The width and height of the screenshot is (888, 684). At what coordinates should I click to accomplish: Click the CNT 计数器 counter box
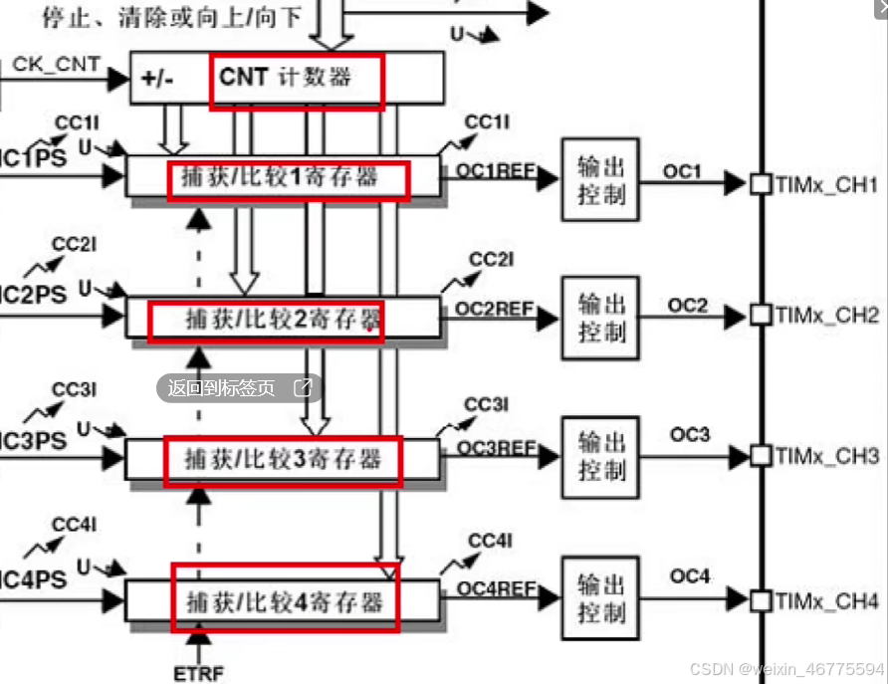tap(296, 80)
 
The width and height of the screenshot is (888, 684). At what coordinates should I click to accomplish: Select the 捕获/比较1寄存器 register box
tap(287, 180)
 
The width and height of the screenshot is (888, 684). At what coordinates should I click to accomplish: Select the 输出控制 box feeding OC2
tap(600, 318)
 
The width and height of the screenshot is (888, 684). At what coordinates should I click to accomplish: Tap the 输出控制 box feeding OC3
tap(600, 457)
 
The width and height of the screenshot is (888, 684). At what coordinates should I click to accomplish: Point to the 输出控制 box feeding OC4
tap(600, 598)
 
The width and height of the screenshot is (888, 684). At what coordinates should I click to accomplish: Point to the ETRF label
tap(200, 673)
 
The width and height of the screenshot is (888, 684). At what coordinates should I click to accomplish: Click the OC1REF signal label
tap(495, 170)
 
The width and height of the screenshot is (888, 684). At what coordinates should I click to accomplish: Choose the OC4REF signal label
tap(495, 588)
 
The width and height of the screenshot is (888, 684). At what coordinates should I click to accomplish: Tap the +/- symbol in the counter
tap(157, 79)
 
